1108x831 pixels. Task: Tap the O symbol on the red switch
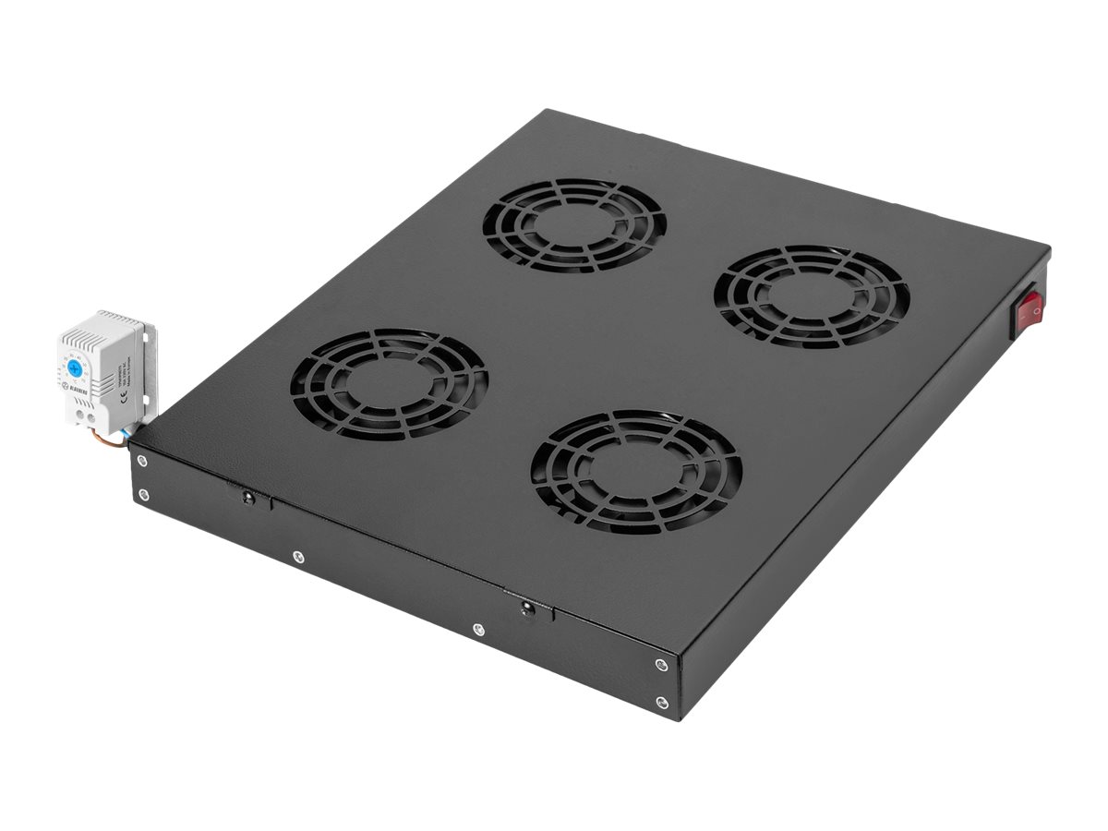[x=1036, y=311]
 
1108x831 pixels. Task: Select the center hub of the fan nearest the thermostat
[x=389, y=383]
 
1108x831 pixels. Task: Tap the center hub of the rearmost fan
[x=574, y=224]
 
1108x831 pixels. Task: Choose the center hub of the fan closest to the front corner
[x=636, y=471]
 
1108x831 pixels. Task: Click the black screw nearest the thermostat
[x=247, y=499]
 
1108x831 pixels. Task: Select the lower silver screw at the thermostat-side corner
[x=143, y=496]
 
